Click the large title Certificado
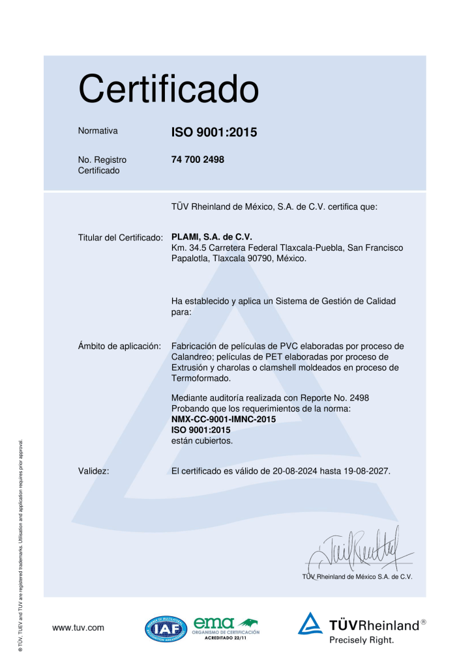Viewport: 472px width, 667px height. tap(169, 89)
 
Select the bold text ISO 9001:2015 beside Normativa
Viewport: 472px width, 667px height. tap(214, 133)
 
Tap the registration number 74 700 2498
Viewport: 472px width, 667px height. tap(198, 159)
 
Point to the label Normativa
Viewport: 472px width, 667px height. tap(98, 131)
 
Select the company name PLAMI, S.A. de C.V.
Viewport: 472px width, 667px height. tap(211, 236)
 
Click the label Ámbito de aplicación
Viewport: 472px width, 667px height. tap(119, 346)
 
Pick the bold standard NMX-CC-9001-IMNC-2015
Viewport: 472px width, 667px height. tap(222, 419)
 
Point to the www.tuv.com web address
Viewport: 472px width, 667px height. tap(78, 628)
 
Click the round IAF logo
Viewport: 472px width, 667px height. tap(166, 629)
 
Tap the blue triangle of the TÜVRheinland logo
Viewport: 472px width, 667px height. tap(311, 624)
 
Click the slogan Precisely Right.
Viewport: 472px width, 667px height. tap(361, 640)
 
